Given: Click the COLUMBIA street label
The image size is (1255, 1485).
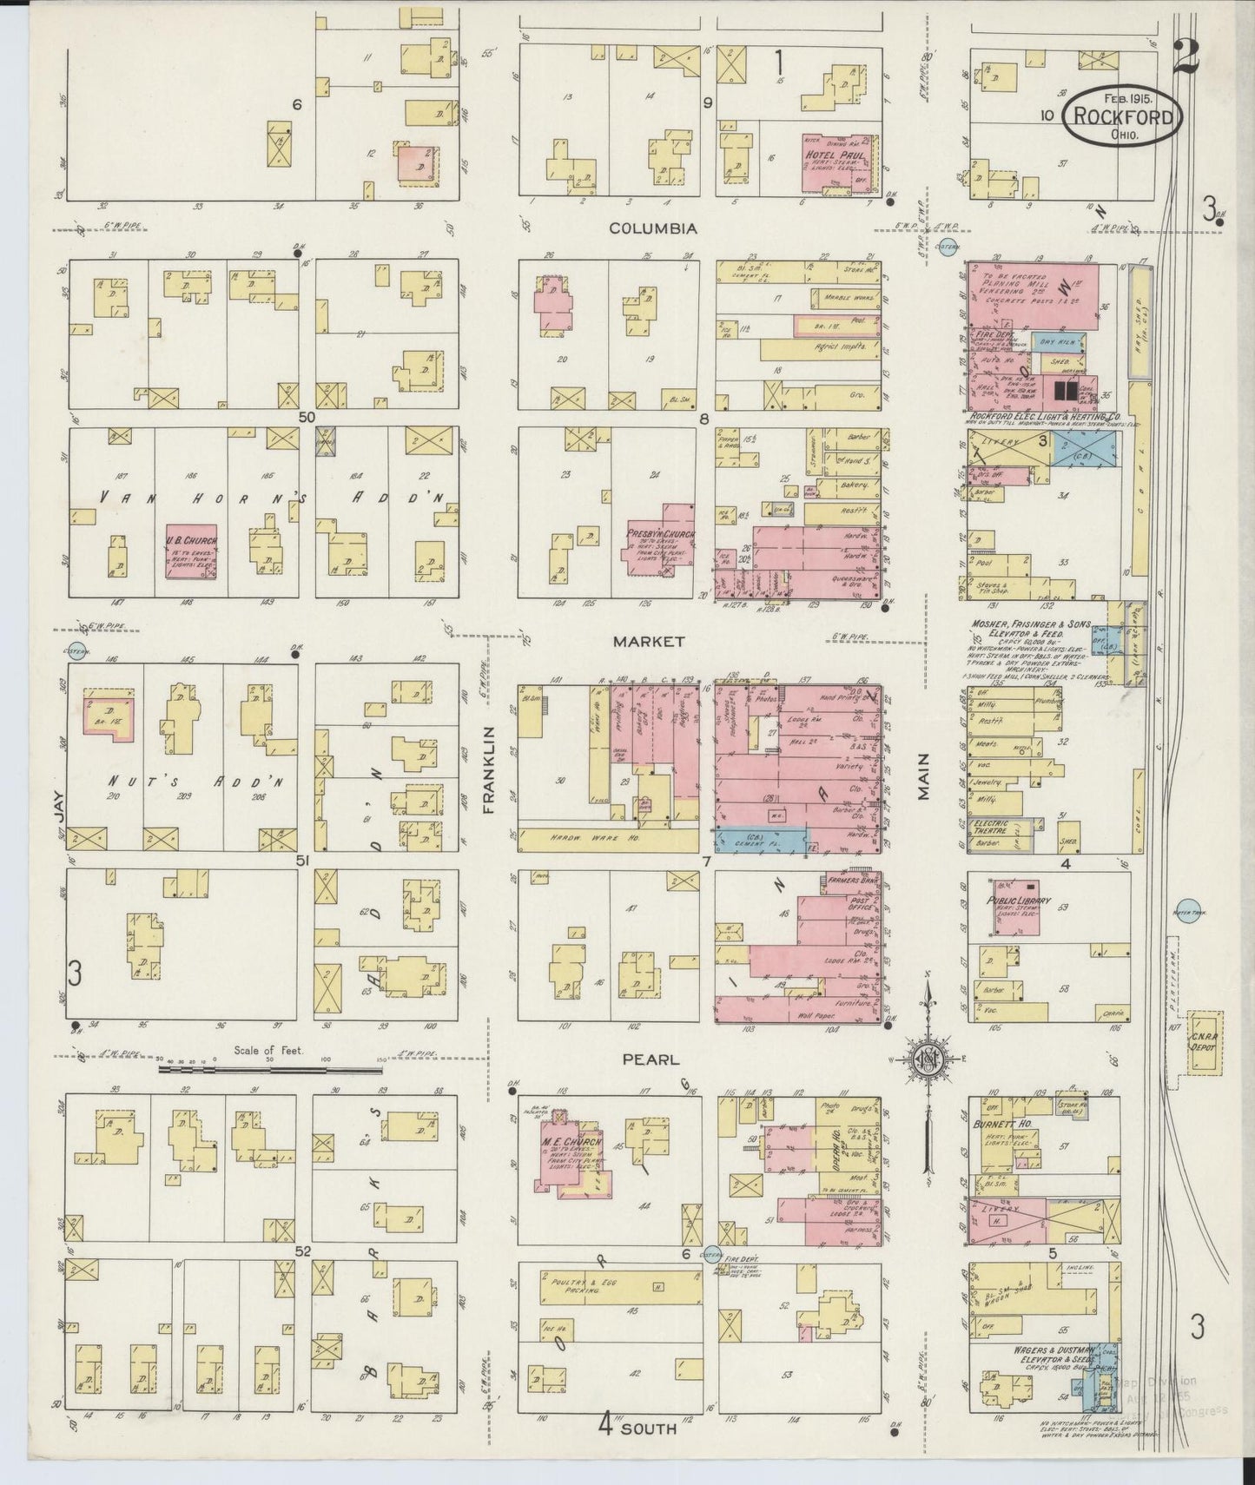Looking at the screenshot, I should [652, 228].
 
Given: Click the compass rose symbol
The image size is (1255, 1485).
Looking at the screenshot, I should [928, 1058].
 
